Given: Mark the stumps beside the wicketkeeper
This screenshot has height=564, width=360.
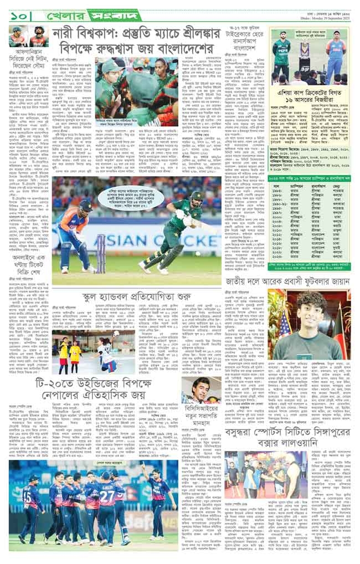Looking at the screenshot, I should [101, 252].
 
